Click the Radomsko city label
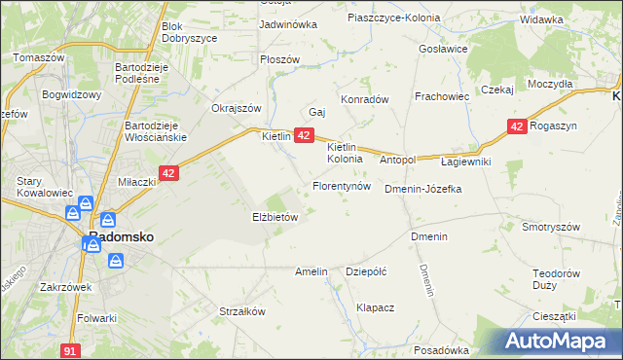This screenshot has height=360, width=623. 119,236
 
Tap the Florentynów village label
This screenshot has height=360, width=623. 341,185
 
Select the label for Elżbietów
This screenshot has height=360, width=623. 275,218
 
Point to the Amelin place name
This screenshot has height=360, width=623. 311,272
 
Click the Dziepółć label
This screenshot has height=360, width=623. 367,272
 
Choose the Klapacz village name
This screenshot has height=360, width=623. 375,307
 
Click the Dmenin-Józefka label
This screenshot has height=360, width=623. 422,189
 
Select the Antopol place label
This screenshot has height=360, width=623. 397,160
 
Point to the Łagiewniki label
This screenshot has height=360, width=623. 466,161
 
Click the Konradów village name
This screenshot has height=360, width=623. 364,99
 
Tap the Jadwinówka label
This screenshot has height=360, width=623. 288,24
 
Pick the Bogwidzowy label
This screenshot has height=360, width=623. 72,95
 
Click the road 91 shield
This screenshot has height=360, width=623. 68,349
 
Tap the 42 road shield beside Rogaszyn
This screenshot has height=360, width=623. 517,126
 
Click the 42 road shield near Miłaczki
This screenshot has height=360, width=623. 169,173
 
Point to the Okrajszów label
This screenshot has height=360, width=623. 238,108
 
